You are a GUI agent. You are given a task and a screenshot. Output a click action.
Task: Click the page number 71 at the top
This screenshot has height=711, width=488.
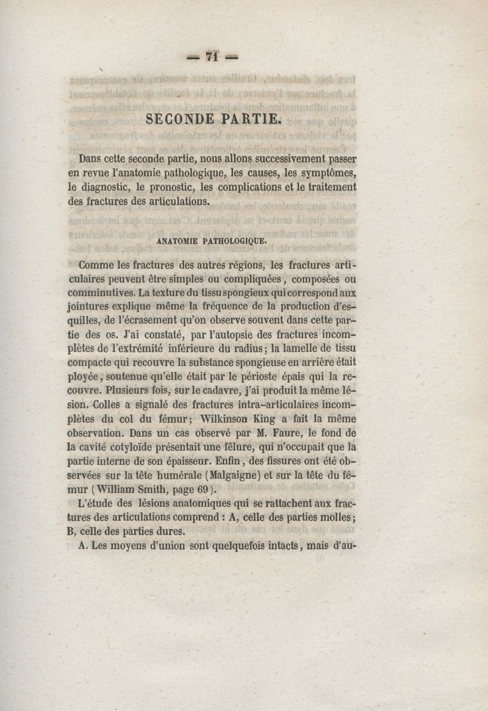[x=212, y=56]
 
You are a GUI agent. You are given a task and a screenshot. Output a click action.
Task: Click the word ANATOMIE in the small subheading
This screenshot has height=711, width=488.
[x=178, y=241]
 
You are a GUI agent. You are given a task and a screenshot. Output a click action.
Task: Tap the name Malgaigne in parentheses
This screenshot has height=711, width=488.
[x=235, y=476]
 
